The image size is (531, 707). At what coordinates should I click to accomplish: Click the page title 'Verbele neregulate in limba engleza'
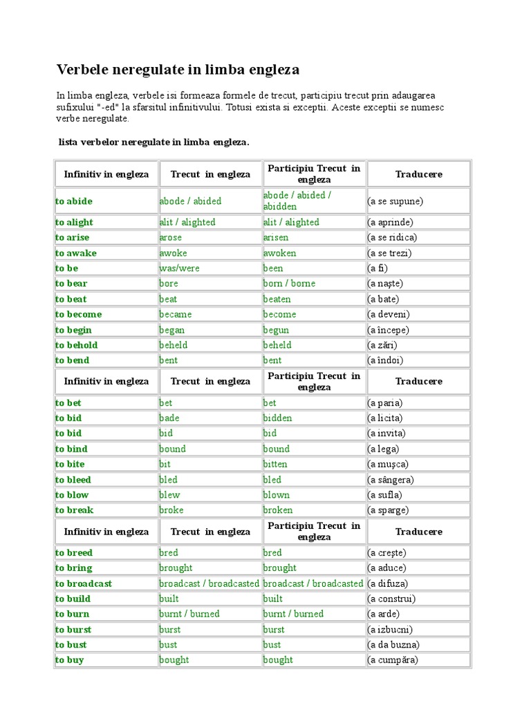coord(178,70)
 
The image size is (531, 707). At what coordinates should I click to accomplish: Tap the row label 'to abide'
coord(74,201)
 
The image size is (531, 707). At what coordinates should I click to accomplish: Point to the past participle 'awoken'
coord(280,253)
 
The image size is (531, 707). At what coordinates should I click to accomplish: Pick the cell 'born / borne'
coord(289,283)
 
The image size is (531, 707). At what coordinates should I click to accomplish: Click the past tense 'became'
coord(176,314)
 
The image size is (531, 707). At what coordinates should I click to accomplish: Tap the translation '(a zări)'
coord(382,345)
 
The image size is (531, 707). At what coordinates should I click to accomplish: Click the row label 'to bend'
coord(73,360)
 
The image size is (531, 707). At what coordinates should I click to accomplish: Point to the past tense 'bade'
coord(169,418)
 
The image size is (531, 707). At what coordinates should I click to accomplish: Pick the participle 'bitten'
coord(275,464)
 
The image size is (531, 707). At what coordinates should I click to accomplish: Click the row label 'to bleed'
coord(73,480)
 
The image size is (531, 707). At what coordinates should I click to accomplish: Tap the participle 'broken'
coord(278,510)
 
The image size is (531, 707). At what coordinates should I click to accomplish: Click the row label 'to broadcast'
coord(84,583)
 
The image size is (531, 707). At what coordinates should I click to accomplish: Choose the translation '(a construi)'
coord(391,599)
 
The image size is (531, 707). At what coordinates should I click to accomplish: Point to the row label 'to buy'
coord(71,660)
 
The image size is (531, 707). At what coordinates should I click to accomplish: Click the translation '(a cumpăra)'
coord(393,660)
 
